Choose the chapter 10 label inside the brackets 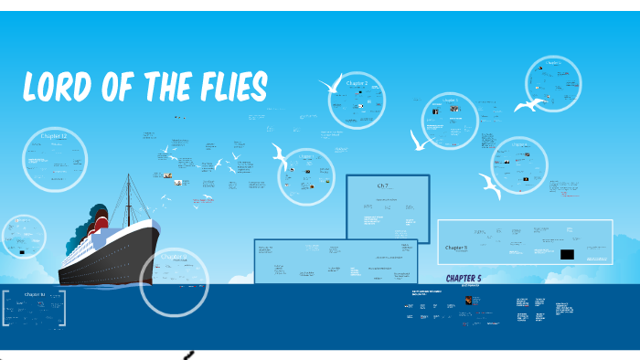click(34, 294)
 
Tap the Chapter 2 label click(357, 83)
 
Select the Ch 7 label click(383, 185)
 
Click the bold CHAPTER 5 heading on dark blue click(469, 278)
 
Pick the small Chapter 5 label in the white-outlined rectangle click(455, 248)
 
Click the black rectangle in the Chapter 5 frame click(567, 254)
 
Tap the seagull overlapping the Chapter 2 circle click(330, 87)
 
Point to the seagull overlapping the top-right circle click(529, 106)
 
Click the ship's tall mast click(129, 192)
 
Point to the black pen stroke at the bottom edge click(188, 355)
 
